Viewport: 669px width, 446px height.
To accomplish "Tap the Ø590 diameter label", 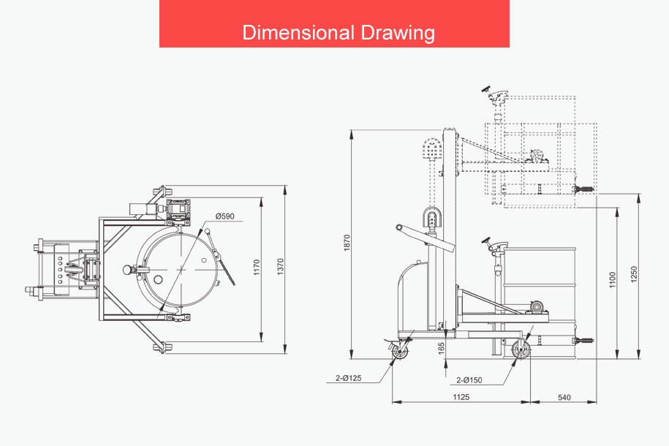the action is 225,216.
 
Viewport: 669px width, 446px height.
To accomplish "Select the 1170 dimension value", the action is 257,267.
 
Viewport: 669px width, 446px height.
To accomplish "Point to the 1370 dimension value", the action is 280,266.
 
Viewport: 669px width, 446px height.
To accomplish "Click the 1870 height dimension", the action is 347,243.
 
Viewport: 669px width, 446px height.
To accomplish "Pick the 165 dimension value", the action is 442,348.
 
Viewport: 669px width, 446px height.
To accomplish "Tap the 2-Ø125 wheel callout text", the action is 348,378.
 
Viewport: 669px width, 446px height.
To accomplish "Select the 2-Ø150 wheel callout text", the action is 469,380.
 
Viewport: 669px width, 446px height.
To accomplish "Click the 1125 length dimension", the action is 461,397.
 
